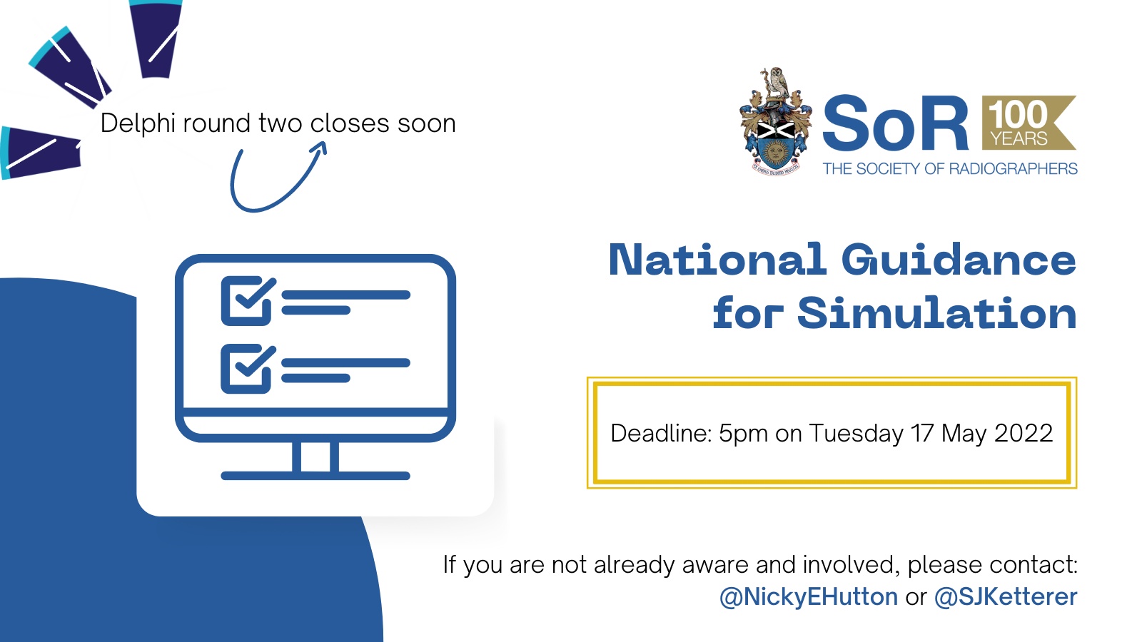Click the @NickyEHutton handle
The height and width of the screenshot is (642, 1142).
pyautogui.click(x=809, y=597)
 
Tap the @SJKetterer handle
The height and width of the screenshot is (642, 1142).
pyautogui.click(x=1006, y=597)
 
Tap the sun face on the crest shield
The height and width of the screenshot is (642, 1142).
pyautogui.click(x=776, y=152)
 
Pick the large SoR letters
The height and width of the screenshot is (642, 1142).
pyautogui.click(x=896, y=124)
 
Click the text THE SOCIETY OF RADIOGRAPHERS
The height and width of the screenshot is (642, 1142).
pyautogui.click(x=950, y=168)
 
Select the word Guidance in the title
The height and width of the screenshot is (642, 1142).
pyautogui.click(x=959, y=260)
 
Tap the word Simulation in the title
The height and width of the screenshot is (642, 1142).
pyautogui.click(x=937, y=313)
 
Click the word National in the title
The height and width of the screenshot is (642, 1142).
pyautogui.click(x=717, y=260)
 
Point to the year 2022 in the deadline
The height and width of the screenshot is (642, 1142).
pyautogui.click(x=1024, y=433)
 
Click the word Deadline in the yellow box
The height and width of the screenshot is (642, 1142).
pyautogui.click(x=661, y=433)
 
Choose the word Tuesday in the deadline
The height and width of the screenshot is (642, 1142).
pyautogui.click(x=856, y=434)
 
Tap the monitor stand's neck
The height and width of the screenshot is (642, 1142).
pyautogui.click(x=315, y=457)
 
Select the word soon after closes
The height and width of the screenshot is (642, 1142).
pyautogui.click(x=427, y=125)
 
